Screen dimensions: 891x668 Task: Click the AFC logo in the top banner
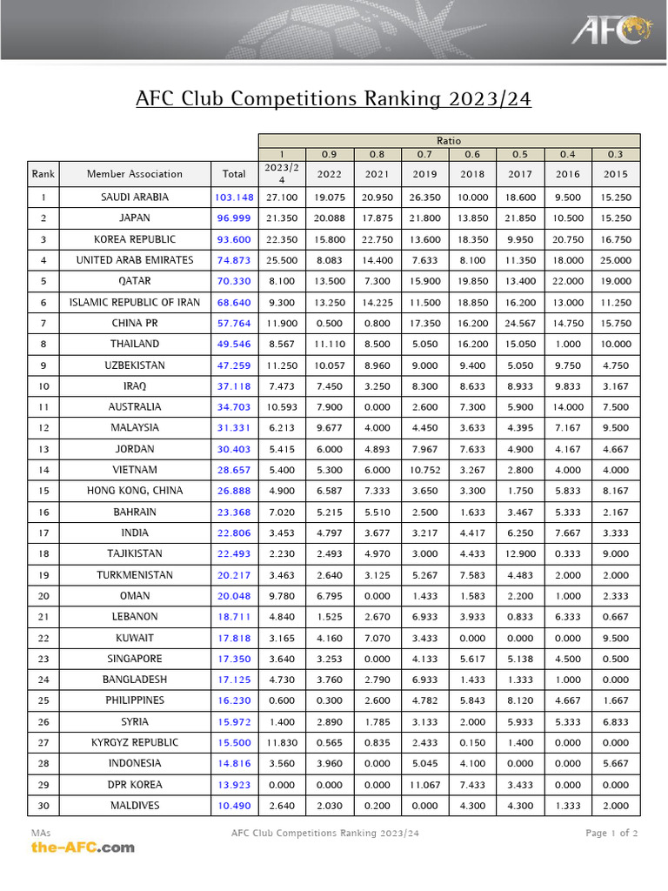611,30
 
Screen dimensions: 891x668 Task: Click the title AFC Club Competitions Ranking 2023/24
333,98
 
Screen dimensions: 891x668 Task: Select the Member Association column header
135,174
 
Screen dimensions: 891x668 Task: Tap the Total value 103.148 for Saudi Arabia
234,198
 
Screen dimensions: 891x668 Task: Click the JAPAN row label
135,218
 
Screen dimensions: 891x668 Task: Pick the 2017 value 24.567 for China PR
519,323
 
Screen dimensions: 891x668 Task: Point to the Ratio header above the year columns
449,140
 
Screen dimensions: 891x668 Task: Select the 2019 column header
424,174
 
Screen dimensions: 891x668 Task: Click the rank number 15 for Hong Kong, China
43,491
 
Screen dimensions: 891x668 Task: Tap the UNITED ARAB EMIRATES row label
135,260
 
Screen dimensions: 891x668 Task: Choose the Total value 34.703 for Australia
234,407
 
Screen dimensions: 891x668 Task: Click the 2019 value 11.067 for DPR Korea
424,785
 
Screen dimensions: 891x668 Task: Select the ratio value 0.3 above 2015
616,155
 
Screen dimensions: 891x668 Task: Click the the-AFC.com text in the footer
83,847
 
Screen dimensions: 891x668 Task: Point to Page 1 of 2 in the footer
611,834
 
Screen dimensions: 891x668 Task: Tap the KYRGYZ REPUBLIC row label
135,743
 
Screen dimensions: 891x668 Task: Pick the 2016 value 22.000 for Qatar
567,281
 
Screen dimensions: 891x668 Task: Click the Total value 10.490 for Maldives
234,806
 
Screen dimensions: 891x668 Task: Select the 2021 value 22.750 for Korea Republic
377,239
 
